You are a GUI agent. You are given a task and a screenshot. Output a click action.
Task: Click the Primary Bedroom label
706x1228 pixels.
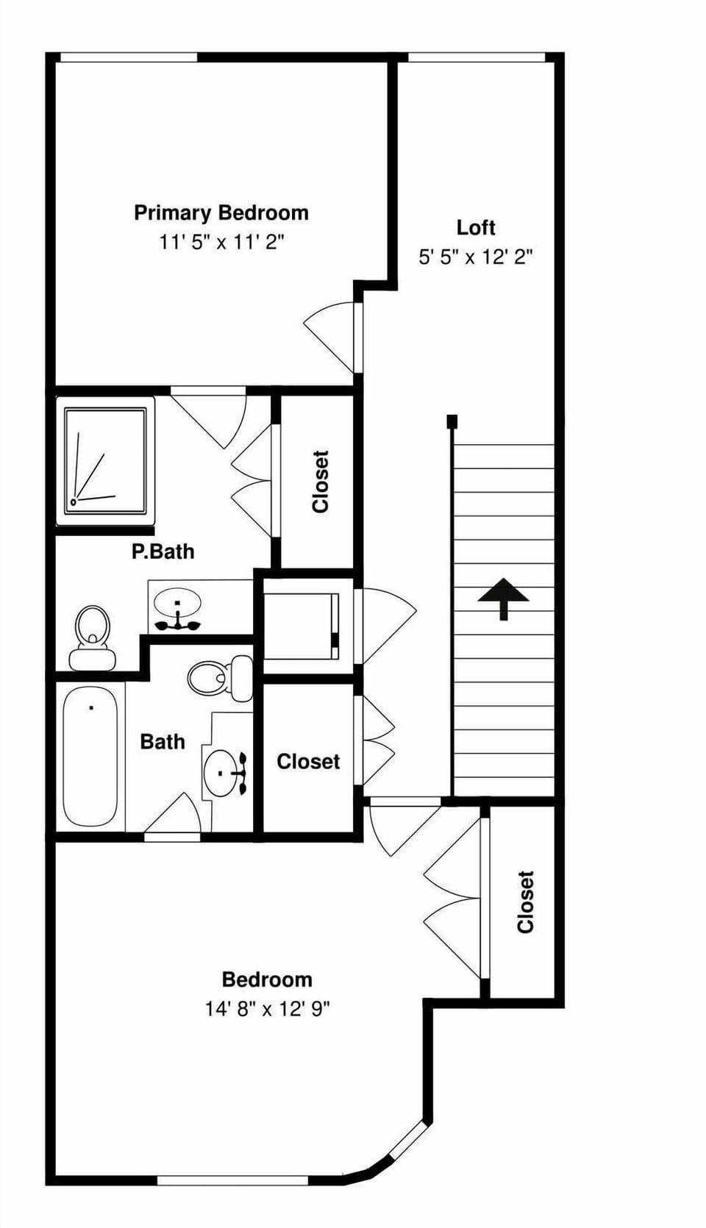tap(221, 213)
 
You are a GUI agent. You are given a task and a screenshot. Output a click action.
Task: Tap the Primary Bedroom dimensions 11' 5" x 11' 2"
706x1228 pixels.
tap(221, 242)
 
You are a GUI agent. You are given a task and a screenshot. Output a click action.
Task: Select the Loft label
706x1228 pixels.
tap(476, 227)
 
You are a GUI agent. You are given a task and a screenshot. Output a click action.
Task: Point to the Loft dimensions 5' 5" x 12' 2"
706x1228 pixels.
tap(475, 257)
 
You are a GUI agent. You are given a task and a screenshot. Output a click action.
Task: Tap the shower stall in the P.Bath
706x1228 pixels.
tap(105, 460)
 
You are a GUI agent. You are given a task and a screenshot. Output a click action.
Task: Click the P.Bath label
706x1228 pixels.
tap(163, 551)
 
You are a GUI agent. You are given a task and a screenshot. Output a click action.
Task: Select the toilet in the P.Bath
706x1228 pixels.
tap(92, 637)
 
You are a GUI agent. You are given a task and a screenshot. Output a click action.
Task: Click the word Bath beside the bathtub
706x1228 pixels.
tap(162, 741)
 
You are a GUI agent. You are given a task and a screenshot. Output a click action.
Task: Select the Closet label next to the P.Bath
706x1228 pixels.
tap(320, 482)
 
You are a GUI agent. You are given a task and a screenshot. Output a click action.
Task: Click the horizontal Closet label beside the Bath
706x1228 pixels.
tap(308, 761)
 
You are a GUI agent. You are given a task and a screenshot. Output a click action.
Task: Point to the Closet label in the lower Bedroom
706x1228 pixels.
tap(525, 902)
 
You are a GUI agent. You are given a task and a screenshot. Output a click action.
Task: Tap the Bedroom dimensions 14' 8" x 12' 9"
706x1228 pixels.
tap(267, 1008)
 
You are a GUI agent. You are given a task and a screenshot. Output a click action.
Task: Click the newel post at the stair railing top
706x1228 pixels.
tap(452, 421)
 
